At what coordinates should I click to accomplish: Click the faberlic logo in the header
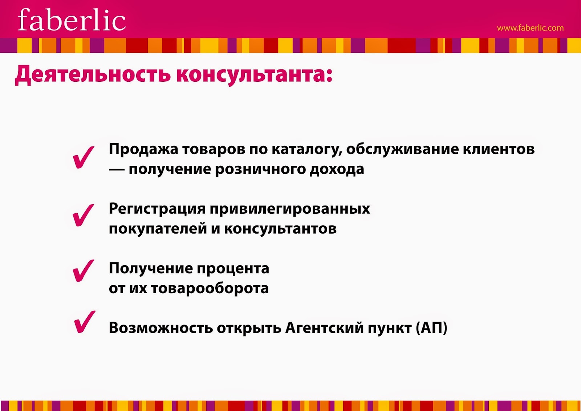click(x=72, y=20)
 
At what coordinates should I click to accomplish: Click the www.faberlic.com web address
click(x=530, y=28)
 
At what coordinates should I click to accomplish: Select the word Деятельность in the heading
click(x=93, y=75)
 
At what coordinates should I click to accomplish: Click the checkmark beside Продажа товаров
click(x=84, y=157)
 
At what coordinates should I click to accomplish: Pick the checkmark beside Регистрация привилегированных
click(x=83, y=215)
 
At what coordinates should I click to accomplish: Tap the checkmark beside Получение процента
click(x=83, y=271)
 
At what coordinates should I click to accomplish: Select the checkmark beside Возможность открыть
click(x=85, y=322)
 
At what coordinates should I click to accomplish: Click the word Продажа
click(x=143, y=150)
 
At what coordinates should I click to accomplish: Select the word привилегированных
click(x=290, y=209)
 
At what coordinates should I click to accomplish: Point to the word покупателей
click(x=158, y=229)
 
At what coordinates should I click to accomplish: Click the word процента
click(x=233, y=269)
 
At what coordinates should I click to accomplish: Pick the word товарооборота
click(x=210, y=289)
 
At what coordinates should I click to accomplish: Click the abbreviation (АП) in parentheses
click(x=432, y=328)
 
